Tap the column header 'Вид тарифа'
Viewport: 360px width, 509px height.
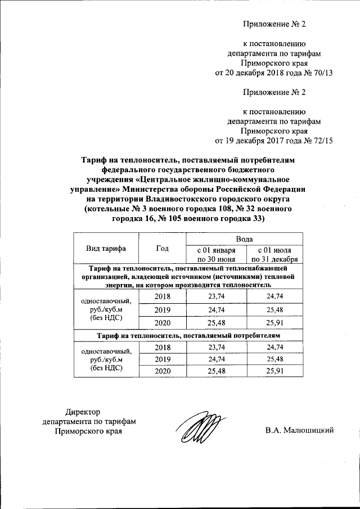106,248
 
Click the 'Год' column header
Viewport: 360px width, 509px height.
162,248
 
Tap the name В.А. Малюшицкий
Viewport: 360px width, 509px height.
300,430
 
